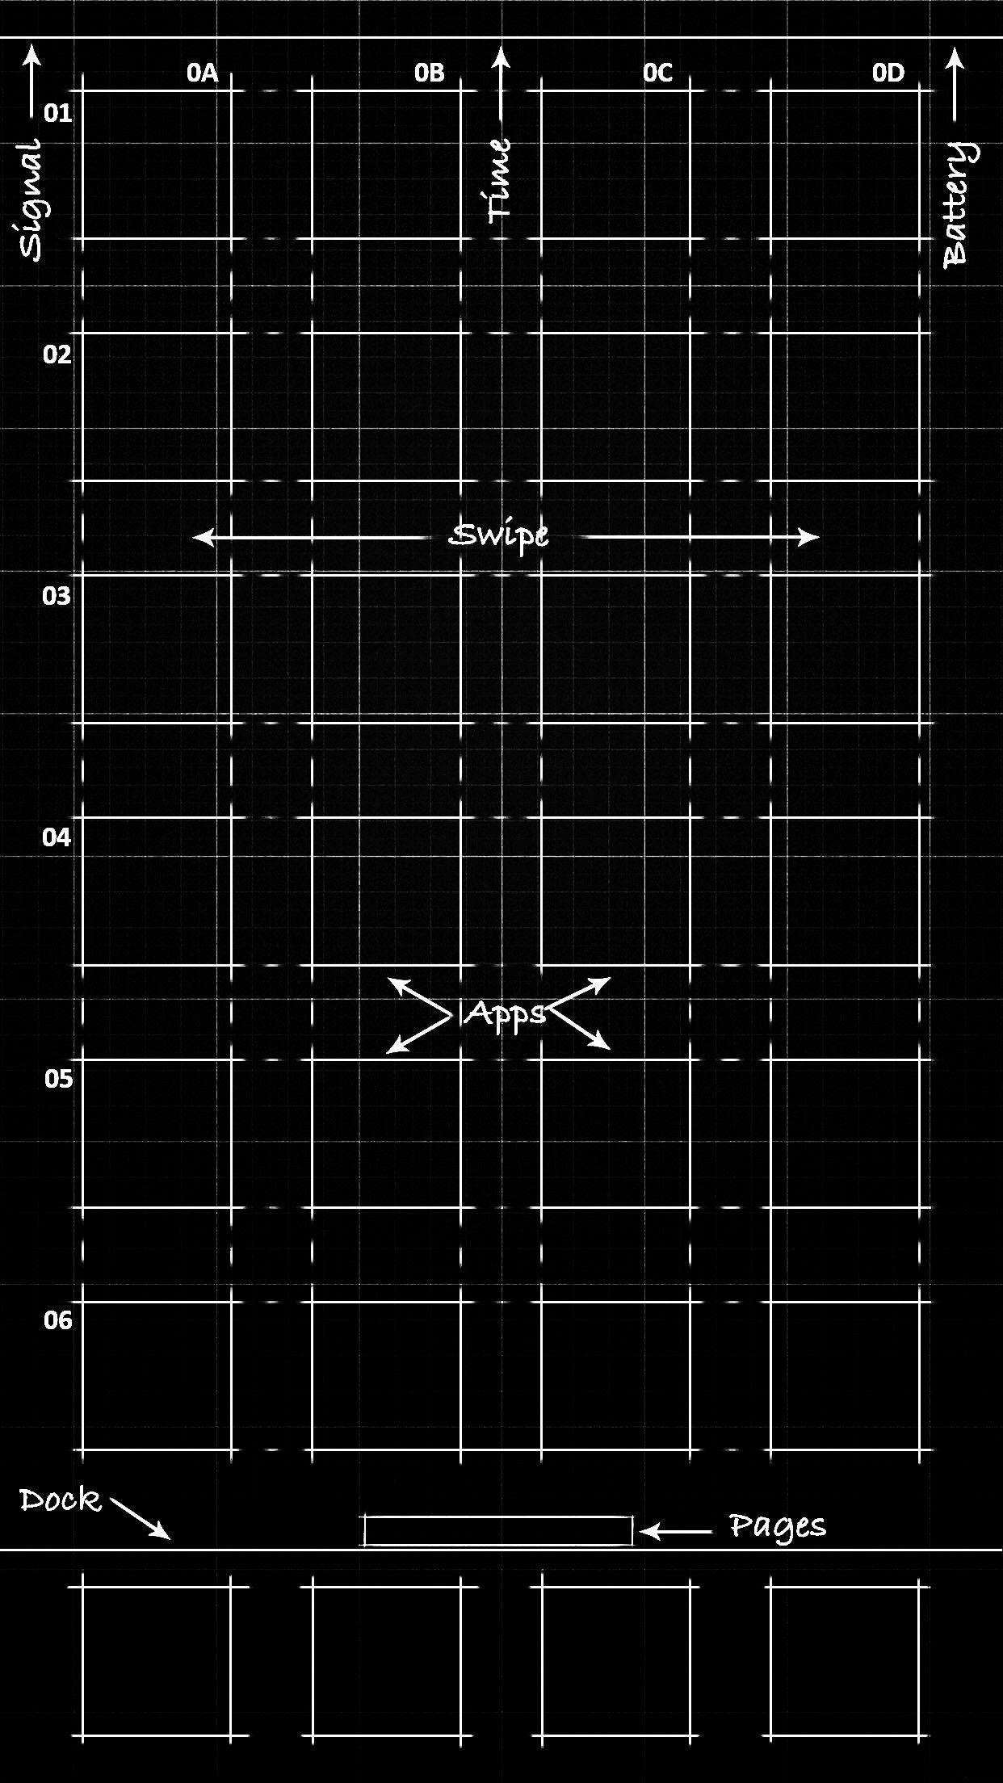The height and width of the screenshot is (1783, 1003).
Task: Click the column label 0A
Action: [203, 73]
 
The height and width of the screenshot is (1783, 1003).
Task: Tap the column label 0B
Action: [430, 73]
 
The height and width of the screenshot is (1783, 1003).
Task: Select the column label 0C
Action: [657, 73]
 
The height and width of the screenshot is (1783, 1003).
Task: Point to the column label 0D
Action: [888, 73]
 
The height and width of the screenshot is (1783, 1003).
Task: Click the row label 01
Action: [57, 113]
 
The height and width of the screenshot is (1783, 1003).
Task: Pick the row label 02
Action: [57, 355]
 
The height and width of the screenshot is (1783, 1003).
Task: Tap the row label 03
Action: [57, 597]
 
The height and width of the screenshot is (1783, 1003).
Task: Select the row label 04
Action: [57, 837]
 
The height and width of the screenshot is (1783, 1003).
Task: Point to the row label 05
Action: [58, 1079]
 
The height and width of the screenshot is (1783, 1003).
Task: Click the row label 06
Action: [58, 1320]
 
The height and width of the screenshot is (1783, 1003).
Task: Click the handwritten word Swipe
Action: [499, 537]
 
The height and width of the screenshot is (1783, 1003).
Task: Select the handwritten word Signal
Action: [32, 199]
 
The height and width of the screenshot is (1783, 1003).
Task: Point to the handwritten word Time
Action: [500, 180]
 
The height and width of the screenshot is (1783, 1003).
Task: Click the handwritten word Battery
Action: [960, 203]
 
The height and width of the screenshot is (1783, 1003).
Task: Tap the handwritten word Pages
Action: [778, 1527]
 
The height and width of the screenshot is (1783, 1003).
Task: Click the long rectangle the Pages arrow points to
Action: [498, 1517]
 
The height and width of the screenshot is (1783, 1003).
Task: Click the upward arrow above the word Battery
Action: [955, 85]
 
